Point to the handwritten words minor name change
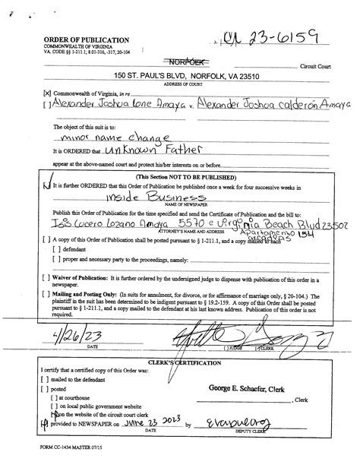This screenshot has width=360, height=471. point(99,139)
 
